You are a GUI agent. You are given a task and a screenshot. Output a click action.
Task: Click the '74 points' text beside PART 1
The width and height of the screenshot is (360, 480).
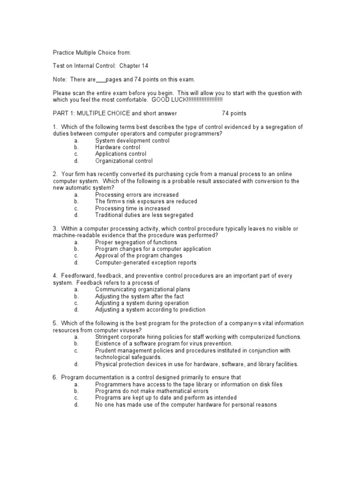(x=234, y=113)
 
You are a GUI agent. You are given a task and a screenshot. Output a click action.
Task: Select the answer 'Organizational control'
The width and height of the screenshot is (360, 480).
(x=124, y=161)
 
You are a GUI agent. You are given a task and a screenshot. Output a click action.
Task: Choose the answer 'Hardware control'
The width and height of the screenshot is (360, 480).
(x=118, y=147)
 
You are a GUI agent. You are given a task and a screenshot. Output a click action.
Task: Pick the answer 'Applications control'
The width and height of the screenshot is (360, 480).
(x=120, y=154)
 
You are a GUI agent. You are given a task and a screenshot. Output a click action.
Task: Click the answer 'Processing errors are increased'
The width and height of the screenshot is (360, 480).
(x=137, y=195)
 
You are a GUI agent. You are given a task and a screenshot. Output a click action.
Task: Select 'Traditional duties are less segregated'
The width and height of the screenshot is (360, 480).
(x=144, y=215)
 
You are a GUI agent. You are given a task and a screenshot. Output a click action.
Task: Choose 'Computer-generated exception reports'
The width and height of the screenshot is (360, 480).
(x=146, y=262)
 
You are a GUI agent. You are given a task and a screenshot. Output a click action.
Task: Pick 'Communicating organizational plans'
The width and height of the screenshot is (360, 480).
(x=142, y=290)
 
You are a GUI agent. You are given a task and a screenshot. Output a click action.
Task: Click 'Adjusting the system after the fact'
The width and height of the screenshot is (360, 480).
(x=139, y=296)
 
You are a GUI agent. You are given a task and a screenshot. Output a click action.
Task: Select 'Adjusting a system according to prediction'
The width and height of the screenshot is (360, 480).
(x=150, y=310)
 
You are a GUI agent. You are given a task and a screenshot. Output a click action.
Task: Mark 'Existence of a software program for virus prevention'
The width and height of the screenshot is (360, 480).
(x=164, y=344)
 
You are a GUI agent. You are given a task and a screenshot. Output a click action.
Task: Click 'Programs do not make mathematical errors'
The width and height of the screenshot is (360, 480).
(x=152, y=391)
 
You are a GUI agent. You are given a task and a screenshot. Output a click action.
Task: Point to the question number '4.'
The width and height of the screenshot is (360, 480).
(x=55, y=276)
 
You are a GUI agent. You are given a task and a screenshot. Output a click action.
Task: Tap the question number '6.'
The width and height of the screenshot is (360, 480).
(x=55, y=378)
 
